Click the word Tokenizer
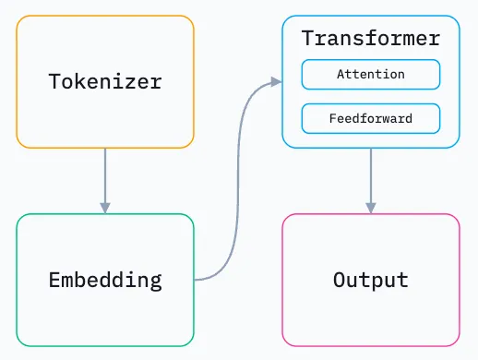[105, 81]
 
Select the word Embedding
[105, 280]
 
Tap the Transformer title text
[370, 40]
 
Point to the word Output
[370, 280]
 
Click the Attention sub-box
[370, 74]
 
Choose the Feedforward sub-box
[370, 118]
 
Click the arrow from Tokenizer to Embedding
[105, 175]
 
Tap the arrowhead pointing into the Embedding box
[105, 207]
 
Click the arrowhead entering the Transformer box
[275, 82]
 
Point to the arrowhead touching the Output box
[370, 207]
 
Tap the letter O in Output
[339, 280]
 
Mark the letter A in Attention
[341, 74]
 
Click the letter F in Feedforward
[333, 118]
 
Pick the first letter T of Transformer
[307, 40]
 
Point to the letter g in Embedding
[156, 282]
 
